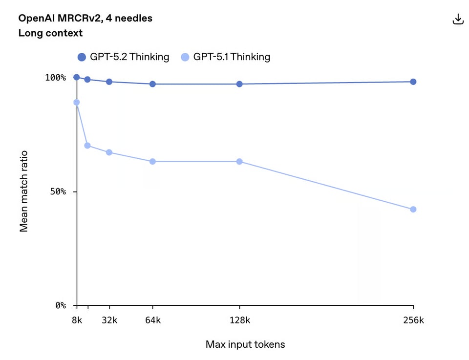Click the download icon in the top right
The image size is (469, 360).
point(458,19)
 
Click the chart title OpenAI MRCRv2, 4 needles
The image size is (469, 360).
point(85,18)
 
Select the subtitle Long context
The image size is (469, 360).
point(50,33)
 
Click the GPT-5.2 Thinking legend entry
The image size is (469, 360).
point(123,57)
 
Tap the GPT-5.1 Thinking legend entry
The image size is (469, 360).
point(225,57)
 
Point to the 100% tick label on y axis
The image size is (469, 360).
point(55,77)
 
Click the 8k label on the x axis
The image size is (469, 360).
point(77,320)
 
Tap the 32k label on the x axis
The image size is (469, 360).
point(109,320)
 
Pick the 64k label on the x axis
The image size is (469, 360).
point(152,320)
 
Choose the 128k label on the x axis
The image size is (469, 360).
point(239,320)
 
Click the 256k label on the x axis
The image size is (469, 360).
point(413,320)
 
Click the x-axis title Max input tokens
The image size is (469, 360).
point(245,344)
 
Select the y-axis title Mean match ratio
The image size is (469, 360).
point(23,191)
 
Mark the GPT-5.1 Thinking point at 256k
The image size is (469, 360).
point(413,209)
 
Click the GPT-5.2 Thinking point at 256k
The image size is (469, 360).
point(413,82)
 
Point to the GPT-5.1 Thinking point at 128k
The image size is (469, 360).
point(239,161)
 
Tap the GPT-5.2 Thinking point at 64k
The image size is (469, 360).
point(152,84)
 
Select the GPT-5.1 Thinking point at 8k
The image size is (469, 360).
point(76,102)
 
